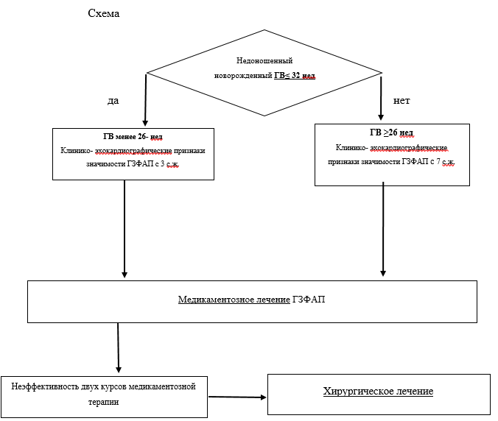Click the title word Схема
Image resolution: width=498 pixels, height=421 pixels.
[104, 13]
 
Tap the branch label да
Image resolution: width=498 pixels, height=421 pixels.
[113, 101]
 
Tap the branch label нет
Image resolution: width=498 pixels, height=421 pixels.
[401, 101]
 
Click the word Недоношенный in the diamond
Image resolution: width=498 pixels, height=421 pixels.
[264, 60]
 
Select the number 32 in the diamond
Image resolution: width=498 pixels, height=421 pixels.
[295, 76]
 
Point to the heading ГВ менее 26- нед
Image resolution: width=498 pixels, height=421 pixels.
[133, 136]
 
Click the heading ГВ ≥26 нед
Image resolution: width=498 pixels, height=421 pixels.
[391, 132]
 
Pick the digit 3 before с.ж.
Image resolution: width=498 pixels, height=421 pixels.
[162, 164]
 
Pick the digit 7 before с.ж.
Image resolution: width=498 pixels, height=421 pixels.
[438, 161]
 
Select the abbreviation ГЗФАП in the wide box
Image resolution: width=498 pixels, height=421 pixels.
[309, 299]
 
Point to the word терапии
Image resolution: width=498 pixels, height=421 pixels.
[104, 402]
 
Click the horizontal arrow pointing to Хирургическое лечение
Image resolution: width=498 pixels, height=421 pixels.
[237, 397]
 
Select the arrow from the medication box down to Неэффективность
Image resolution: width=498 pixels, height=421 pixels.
[118, 347]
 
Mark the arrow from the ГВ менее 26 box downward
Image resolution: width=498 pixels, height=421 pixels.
[124, 229]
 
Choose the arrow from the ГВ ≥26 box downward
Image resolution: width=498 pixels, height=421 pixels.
[383, 229]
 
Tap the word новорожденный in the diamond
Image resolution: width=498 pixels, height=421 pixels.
[243, 76]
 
